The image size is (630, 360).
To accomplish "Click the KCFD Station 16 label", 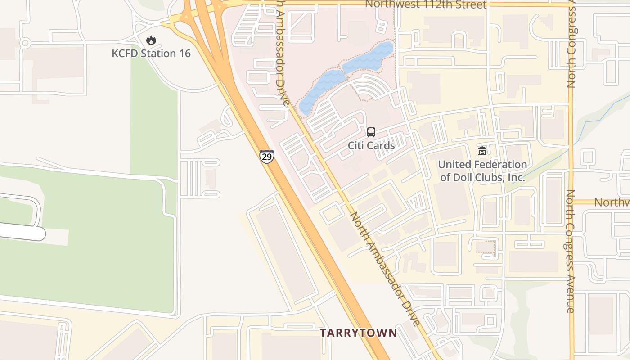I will [x=151, y=54].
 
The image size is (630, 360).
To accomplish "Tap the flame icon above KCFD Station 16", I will [x=151, y=40].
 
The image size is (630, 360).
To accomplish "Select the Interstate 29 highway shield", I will [x=267, y=156].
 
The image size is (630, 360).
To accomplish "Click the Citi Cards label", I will [x=371, y=145].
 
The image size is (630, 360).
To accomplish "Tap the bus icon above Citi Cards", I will [x=371, y=132].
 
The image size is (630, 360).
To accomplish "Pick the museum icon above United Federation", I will [x=482, y=151].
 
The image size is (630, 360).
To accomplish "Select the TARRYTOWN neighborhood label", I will [x=359, y=333].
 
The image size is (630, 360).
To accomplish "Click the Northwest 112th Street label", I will [x=425, y=4].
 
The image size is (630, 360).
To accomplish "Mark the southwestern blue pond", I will [x=321, y=90].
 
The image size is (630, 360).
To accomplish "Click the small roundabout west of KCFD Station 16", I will [x=25, y=43].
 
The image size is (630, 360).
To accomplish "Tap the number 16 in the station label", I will [x=184, y=54].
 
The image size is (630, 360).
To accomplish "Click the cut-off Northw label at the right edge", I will [x=612, y=202].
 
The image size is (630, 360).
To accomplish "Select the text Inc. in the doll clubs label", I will [x=516, y=177].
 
